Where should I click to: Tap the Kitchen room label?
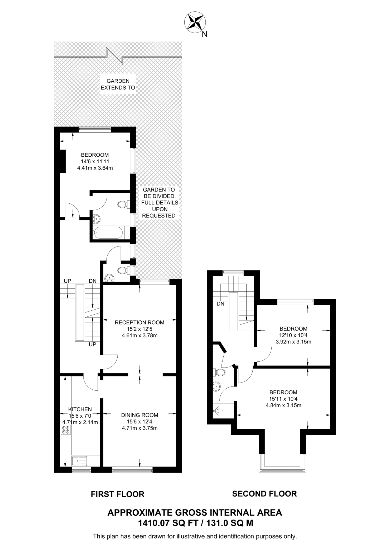click(80, 409)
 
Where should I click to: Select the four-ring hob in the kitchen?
click(66, 430)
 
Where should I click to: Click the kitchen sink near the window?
click(79, 461)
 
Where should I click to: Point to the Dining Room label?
click(139, 415)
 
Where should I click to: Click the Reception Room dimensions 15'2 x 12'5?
click(139, 329)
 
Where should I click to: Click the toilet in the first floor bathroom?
click(123, 204)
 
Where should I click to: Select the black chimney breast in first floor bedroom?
click(62, 161)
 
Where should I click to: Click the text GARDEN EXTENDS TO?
click(118, 84)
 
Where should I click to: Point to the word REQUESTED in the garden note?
click(159, 216)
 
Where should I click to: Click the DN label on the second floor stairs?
click(220, 304)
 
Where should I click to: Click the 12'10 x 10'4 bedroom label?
click(293, 335)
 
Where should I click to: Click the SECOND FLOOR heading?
click(264, 494)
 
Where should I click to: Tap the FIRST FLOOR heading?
click(118, 494)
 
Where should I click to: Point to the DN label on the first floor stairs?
click(93, 281)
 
